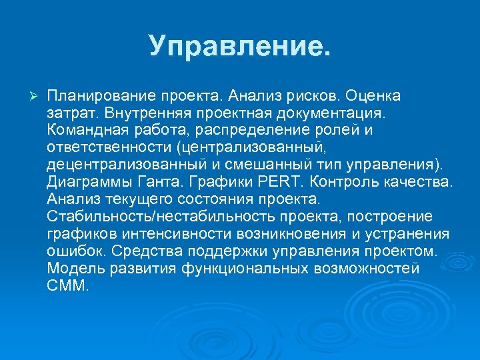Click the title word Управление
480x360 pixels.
239,45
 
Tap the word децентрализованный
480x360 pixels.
120,164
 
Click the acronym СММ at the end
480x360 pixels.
67,285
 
